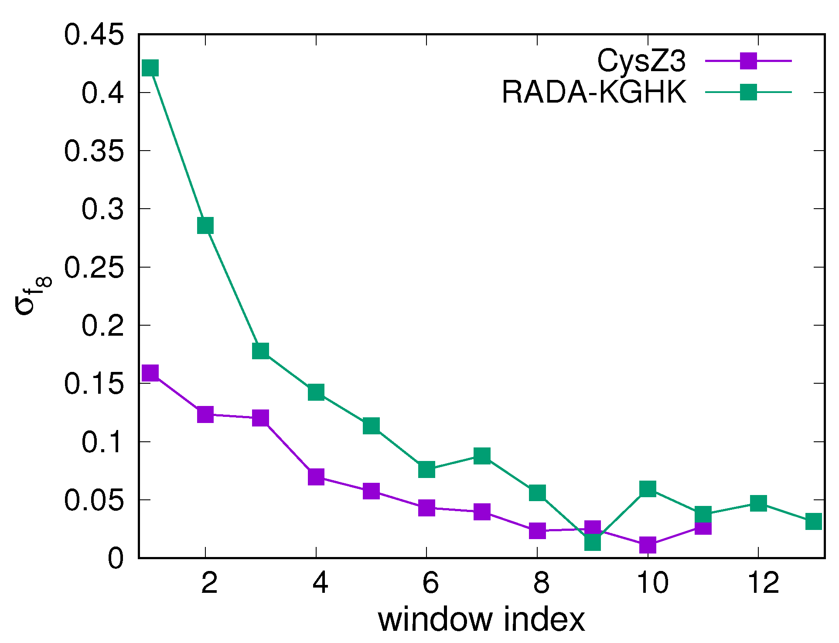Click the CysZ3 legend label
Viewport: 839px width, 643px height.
click(x=641, y=61)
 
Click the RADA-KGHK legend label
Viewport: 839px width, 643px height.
click(x=594, y=92)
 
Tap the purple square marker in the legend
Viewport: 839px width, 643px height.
click(x=748, y=61)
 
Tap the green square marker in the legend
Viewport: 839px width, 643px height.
click(x=748, y=92)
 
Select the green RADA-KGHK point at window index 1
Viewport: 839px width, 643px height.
click(x=150, y=68)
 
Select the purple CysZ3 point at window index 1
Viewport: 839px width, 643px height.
click(x=150, y=373)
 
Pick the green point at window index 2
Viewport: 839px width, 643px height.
click(x=205, y=226)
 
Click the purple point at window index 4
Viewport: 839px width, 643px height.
click(x=316, y=476)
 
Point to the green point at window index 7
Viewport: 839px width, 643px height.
click(x=482, y=456)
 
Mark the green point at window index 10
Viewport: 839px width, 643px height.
click(x=648, y=489)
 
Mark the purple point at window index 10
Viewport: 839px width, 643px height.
click(x=648, y=545)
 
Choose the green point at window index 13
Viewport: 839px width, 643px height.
click(x=814, y=521)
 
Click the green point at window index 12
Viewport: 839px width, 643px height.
click(x=759, y=503)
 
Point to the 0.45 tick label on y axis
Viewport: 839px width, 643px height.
click(x=94, y=34)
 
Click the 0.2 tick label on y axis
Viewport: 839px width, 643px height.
click(x=102, y=325)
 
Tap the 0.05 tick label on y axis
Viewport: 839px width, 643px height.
click(x=94, y=500)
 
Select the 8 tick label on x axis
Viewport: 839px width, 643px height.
click(x=541, y=582)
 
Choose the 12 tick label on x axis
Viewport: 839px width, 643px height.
click(x=763, y=582)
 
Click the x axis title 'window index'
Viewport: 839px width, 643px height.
click(x=481, y=620)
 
